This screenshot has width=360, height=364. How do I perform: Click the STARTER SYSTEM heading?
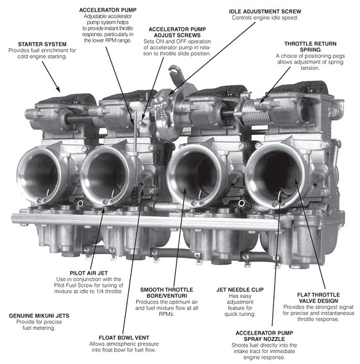tap(42, 44)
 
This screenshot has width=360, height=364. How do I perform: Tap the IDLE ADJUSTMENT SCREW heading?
tap(265, 12)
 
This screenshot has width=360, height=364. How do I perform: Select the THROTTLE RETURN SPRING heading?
tap(311, 47)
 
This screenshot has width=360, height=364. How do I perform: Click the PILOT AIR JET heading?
tap(89, 273)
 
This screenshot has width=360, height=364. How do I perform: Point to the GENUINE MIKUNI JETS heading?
tap(39, 316)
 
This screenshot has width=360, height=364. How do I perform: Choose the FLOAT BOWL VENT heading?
tap(124, 338)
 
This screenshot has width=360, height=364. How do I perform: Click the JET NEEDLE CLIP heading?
tap(240, 290)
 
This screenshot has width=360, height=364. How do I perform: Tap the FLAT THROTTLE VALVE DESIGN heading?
tap(318, 298)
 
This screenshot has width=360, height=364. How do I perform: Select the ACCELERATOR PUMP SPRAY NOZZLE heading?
tap(264, 336)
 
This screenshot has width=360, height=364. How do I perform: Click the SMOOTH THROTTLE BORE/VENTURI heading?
tap(167, 293)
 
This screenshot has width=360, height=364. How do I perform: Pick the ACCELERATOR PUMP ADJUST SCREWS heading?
tap(177, 32)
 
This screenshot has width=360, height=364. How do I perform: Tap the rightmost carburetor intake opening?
tap(275, 175)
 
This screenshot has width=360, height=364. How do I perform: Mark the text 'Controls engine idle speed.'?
tap(265, 17)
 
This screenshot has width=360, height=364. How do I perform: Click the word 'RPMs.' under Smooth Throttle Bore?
tap(167, 314)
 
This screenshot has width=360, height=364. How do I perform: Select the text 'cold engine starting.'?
tap(42, 56)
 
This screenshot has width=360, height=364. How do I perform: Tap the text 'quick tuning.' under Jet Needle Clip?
tap(240, 314)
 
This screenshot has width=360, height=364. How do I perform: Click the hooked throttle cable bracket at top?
tap(175, 74)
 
